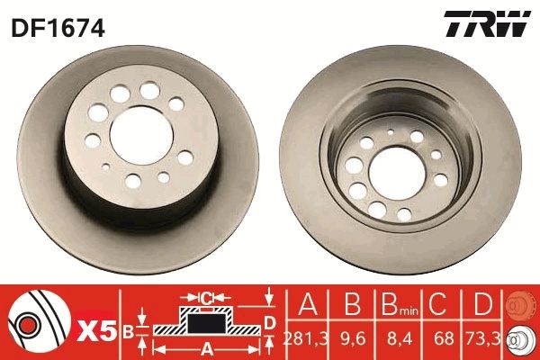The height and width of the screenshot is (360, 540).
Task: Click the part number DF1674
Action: point(58,28)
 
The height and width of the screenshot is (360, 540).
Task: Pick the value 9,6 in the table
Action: point(354,339)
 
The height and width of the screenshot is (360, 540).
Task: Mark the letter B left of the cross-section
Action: point(127,330)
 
